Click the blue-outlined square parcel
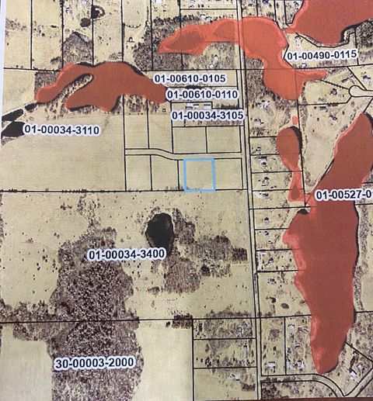(x=200, y=175)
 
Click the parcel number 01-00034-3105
(x=207, y=116)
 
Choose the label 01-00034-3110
(x=61, y=130)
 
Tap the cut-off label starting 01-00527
(x=343, y=193)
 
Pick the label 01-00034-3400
(x=127, y=254)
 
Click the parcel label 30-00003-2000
(x=94, y=363)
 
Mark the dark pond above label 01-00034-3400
(x=160, y=230)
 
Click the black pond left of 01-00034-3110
(x=12, y=128)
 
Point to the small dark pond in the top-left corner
(x=96, y=12)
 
